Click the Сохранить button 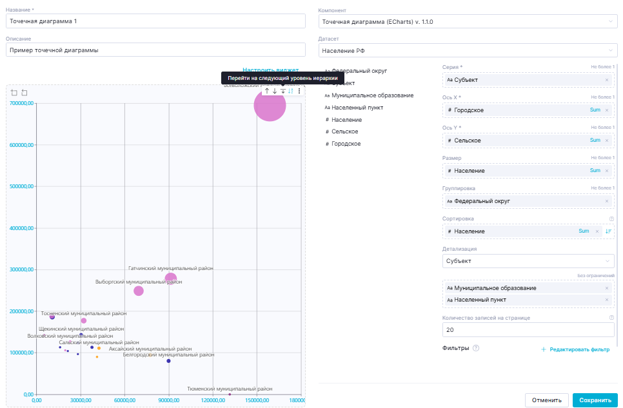(595, 400)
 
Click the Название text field (155, 21)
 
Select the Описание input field (155, 50)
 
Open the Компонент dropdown (468, 21)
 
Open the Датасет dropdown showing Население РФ (468, 50)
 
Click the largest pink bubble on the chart (270, 104)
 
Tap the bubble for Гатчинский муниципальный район (171, 278)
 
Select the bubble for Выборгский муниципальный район (139, 291)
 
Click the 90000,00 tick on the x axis (168, 400)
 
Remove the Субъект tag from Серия (607, 80)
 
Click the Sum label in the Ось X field (595, 110)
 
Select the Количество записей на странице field (528, 330)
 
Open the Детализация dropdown (528, 261)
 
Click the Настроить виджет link (270, 70)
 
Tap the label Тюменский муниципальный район (230, 389)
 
